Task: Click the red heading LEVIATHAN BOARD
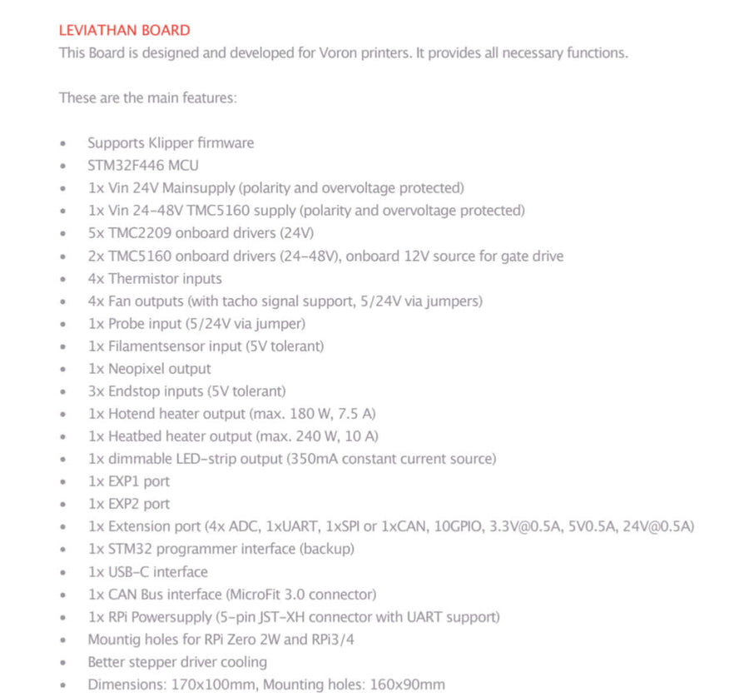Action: (124, 31)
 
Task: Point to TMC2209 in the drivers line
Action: (136, 233)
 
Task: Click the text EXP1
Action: (125, 481)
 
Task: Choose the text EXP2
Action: (125, 504)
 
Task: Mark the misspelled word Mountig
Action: (113, 640)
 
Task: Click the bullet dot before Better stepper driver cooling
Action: (63, 663)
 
